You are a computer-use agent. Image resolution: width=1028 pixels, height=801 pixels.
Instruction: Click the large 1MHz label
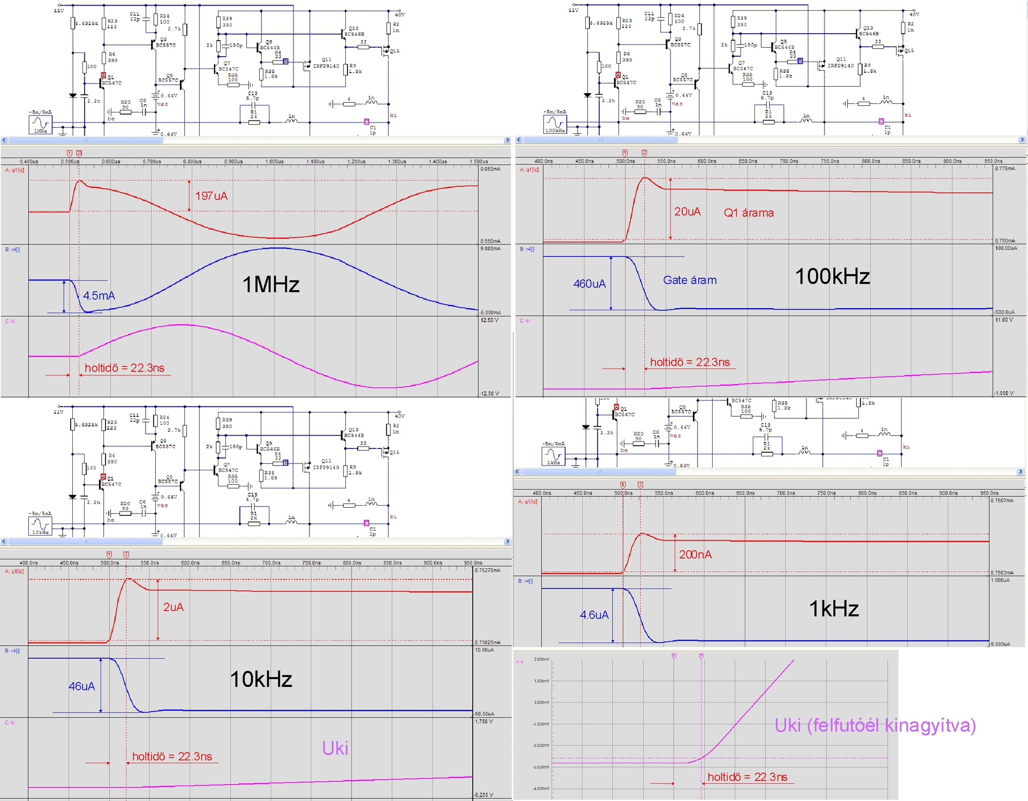coord(271,284)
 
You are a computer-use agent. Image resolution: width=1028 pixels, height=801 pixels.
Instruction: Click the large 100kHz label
coord(832,276)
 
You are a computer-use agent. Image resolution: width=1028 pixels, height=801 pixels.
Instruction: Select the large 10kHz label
coord(261,679)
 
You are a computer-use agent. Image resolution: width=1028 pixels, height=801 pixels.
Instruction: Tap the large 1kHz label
coord(834,608)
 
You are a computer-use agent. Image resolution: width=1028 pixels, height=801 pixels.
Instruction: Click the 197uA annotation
coord(211,196)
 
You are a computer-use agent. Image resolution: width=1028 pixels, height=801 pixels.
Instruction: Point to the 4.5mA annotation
coord(99,295)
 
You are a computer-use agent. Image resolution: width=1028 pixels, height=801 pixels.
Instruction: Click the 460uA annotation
coord(589,284)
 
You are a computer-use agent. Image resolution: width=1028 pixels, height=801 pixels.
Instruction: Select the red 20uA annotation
coord(687,211)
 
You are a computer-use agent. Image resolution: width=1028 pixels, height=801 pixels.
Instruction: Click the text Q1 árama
coord(749,212)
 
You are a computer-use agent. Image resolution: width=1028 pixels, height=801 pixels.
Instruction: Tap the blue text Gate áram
coord(690,280)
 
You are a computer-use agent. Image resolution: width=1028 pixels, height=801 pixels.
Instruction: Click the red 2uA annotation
coord(173,607)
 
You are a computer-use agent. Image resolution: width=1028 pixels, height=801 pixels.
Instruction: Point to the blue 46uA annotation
coord(81,686)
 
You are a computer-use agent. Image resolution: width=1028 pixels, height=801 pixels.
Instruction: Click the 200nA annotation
coord(695,554)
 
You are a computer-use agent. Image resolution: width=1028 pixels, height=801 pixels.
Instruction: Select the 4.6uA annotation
coord(594,615)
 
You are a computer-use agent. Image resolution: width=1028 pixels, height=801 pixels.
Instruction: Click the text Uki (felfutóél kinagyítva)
coord(875,725)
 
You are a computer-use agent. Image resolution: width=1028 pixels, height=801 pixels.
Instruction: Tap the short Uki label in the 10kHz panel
coord(335,748)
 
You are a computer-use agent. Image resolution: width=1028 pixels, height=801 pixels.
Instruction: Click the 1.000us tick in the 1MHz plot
coord(274,162)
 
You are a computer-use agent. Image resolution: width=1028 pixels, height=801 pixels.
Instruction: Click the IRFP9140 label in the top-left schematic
coord(326,66)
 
